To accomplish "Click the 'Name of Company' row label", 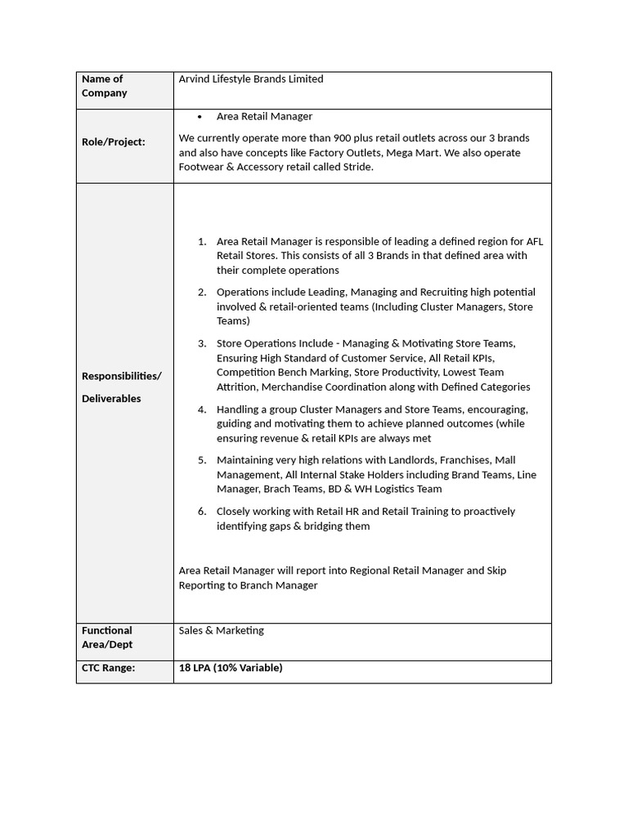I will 104,86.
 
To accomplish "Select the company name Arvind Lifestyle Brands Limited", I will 251,79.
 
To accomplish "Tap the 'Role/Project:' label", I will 114,142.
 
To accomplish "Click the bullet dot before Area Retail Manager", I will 200,117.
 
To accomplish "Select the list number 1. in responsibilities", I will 202,241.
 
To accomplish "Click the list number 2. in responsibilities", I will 202,292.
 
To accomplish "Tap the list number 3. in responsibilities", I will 202,343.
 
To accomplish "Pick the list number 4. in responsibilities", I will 202,409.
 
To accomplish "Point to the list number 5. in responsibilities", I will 202,460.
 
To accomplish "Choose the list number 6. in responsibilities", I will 202,512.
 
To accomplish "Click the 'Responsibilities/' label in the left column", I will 122,376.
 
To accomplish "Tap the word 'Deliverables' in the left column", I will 111,399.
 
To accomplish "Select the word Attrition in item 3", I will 236,387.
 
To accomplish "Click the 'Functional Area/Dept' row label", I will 107,638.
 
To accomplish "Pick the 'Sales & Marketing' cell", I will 222,630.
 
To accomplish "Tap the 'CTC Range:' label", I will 109,668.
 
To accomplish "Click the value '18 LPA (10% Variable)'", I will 231,668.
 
